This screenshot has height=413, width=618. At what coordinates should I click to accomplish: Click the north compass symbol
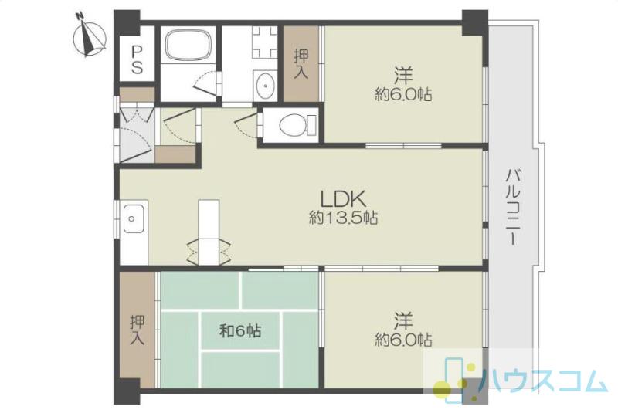90,36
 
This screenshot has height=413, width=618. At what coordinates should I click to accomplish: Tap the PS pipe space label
137,60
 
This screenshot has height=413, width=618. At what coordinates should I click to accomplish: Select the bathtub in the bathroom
188,46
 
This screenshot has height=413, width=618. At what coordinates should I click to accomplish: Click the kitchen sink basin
134,218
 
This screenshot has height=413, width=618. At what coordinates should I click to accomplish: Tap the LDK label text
343,199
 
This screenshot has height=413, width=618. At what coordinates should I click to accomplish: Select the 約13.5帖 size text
343,218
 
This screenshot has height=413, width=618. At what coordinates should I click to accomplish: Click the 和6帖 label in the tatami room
240,330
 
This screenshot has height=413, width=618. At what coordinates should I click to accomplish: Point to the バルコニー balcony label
513,207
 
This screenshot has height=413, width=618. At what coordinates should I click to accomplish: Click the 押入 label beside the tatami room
138,330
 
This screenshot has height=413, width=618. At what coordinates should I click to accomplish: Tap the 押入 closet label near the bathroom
301,64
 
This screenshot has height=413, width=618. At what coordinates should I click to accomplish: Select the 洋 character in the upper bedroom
403,76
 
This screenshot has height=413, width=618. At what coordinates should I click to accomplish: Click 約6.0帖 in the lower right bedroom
403,340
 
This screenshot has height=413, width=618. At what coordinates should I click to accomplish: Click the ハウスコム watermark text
543,381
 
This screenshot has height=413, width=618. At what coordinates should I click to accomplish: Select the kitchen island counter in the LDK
209,232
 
